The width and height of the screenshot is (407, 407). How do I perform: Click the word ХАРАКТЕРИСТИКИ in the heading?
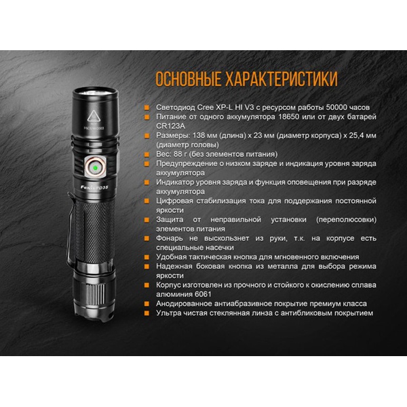point(277,79)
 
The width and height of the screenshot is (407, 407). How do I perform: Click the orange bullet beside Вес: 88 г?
point(149,154)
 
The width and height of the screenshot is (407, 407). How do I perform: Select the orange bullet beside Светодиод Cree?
point(149,106)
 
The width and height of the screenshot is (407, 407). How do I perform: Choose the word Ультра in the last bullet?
point(171,313)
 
